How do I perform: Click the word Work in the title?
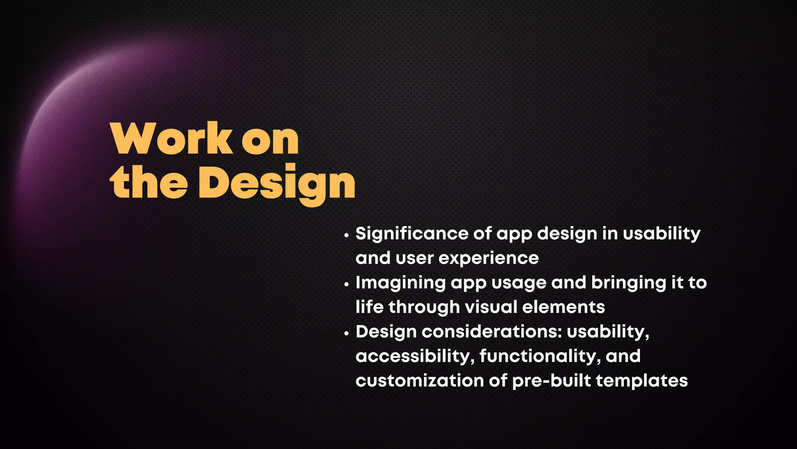pyautogui.click(x=172, y=139)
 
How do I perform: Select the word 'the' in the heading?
pyautogui.click(x=149, y=182)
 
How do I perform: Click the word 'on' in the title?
pyautogui.click(x=270, y=140)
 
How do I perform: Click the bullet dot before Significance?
pyautogui.click(x=346, y=235)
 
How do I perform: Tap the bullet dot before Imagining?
pyautogui.click(x=346, y=285)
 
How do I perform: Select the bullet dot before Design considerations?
pyautogui.click(x=346, y=334)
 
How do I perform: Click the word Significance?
pyautogui.click(x=411, y=234)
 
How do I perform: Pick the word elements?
pyautogui.click(x=564, y=307)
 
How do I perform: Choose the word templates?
pyautogui.click(x=642, y=381)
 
